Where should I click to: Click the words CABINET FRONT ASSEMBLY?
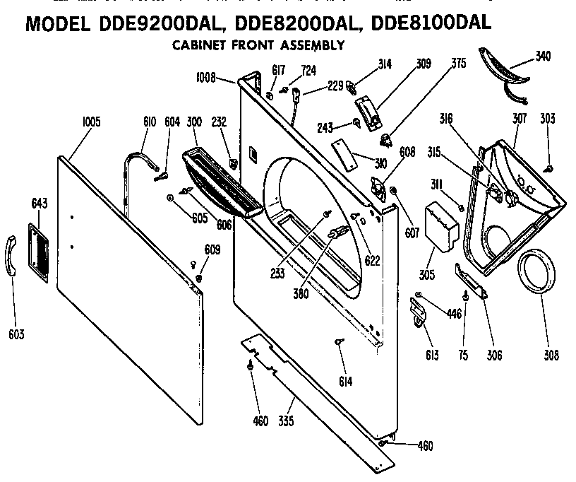[x=258, y=45]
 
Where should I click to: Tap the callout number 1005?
[x=91, y=122]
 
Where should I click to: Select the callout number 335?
[x=286, y=421]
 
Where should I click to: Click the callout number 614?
[x=345, y=382]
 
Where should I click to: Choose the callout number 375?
[x=459, y=63]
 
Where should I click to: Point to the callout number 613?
[x=431, y=355]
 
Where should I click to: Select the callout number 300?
[x=194, y=122]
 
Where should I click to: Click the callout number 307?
[x=520, y=118]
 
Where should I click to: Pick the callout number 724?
[x=308, y=69]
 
